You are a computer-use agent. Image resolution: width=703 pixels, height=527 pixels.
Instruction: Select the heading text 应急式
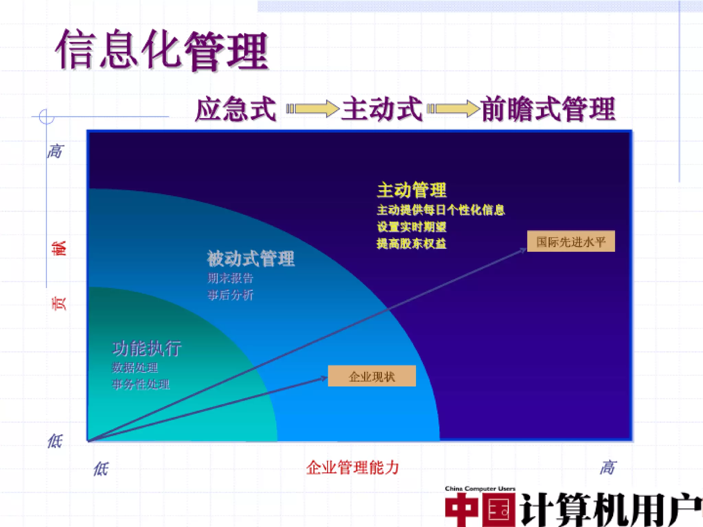coord(235,109)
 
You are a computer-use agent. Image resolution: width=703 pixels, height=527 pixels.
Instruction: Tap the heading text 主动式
coord(382,109)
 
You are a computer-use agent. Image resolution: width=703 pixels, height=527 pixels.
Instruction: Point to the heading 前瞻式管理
coord(548,109)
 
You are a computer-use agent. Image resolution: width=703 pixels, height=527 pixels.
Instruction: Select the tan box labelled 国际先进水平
coord(571,242)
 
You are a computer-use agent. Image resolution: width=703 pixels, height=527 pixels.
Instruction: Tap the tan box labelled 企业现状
coord(372,376)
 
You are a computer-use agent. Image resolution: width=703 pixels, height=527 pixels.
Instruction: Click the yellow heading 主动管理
coord(412,190)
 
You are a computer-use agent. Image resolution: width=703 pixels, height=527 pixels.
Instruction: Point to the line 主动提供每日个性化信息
coord(440,210)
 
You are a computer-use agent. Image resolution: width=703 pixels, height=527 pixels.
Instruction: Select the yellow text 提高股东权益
coord(411,244)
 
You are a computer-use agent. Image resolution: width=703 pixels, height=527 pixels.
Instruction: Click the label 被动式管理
coord(251,259)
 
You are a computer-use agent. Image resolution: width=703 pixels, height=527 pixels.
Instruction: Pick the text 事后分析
coord(230,295)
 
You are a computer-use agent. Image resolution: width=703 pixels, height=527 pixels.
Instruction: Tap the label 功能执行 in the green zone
coord(147,349)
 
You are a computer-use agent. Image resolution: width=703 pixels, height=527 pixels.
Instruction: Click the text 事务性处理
coord(141,384)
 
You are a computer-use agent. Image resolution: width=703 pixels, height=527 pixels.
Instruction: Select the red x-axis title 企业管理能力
coord(353,468)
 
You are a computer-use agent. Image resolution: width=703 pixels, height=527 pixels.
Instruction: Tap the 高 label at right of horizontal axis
coord(608,468)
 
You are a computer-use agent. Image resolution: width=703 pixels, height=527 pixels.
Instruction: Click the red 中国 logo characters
coord(480,510)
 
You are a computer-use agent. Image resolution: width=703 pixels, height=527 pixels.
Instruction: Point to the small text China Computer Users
coord(480,489)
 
